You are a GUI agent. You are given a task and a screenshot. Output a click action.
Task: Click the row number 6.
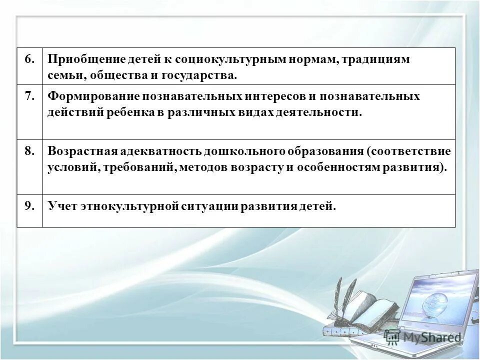point(29,59)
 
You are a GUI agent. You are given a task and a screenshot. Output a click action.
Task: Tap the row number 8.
point(29,151)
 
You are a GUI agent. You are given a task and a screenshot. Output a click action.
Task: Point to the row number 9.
point(29,205)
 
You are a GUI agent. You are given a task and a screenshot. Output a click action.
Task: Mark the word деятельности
point(317,112)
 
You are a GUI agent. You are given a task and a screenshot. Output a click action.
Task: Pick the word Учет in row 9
point(60,206)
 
